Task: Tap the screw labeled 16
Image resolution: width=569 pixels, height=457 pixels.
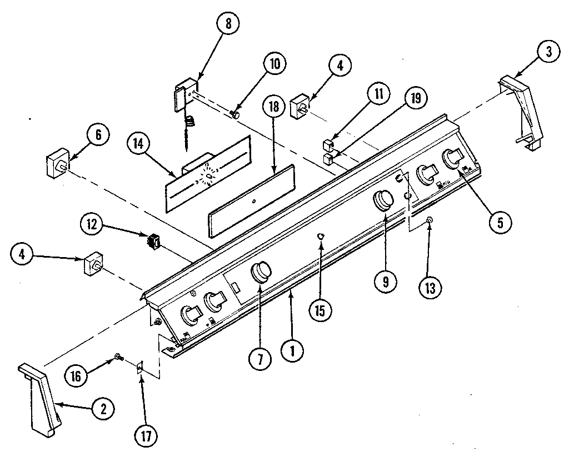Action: (118, 357)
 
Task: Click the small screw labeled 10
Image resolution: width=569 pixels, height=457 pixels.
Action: (235, 114)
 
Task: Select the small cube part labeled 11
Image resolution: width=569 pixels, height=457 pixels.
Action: (328, 146)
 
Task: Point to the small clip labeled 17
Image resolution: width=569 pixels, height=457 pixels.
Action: (140, 366)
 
